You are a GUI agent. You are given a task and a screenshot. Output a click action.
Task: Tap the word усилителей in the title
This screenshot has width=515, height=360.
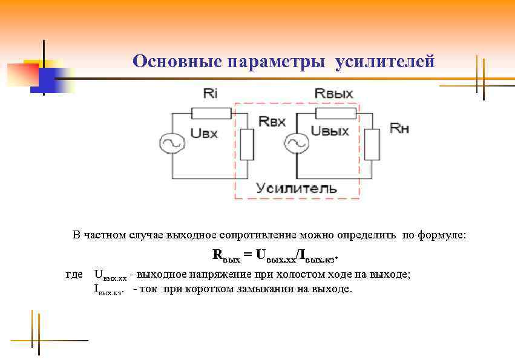coord(385,62)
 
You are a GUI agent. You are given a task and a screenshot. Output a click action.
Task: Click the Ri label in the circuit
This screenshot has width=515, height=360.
coord(210,93)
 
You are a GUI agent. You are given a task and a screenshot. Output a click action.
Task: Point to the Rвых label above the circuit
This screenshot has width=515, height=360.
coord(334,93)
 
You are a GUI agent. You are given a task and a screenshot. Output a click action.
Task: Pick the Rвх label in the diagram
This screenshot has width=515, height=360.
coord(272,121)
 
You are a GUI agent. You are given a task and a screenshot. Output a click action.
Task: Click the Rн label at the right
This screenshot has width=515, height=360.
coord(399,128)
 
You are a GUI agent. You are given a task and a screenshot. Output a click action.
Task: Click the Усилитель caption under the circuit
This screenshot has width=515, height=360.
coord(297,188)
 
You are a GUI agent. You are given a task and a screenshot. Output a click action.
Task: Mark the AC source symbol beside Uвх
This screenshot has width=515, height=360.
coord(171,143)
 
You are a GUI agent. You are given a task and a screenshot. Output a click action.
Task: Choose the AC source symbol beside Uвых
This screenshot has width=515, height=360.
coord(297,143)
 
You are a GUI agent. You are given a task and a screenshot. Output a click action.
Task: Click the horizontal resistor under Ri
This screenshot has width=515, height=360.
coord(211,113)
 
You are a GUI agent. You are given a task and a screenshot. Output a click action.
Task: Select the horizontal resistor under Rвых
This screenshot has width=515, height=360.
coord(335,113)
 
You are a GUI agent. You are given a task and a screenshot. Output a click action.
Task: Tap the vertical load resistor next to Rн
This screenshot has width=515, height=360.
coord(372,145)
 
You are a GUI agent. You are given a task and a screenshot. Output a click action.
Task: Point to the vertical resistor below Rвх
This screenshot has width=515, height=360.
coord(247,145)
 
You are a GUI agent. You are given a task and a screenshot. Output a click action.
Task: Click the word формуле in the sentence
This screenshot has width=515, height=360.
coord(444,235)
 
